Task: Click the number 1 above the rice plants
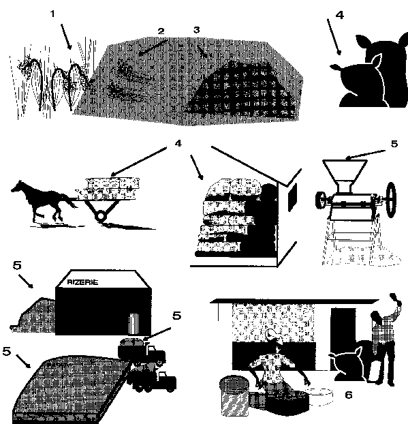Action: tap(52, 14)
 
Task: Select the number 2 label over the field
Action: tap(161, 31)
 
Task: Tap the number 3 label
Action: tap(197, 30)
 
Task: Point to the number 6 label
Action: tap(349, 395)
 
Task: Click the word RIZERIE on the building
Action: tap(82, 282)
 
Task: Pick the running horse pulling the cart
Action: tap(43, 200)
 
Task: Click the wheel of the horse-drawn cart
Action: tap(101, 216)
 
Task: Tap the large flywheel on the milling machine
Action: tap(392, 200)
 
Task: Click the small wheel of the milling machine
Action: tap(321, 200)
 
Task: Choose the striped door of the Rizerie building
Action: tap(134, 324)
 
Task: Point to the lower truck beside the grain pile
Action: tap(153, 377)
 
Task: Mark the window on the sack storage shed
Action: tap(293, 196)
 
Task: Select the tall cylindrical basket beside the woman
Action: tap(234, 395)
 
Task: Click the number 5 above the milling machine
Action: tap(394, 144)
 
